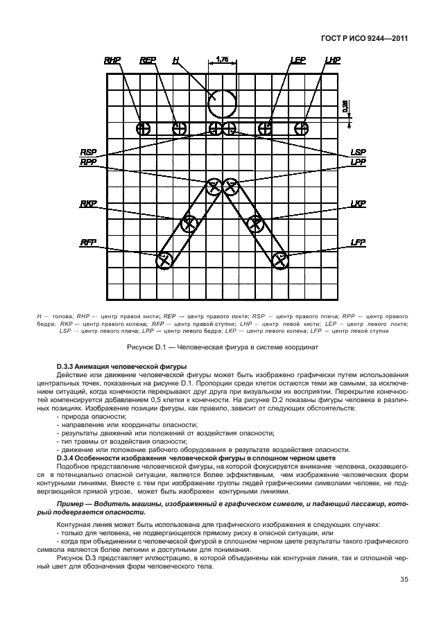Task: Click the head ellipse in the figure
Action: tap(223, 104)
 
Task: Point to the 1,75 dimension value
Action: tap(223, 60)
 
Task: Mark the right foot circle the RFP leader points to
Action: tap(164, 261)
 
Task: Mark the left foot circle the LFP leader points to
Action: tap(279, 261)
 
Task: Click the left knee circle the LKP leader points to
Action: tap(256, 223)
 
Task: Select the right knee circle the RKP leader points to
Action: tap(189, 223)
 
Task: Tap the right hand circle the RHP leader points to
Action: tap(143, 128)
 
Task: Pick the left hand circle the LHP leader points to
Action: tap(301, 128)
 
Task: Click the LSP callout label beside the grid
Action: tap(358, 151)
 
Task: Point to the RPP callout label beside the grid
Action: tap(88, 162)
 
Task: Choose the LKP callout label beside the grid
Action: tap(358, 204)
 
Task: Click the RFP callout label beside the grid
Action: tap(88, 242)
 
